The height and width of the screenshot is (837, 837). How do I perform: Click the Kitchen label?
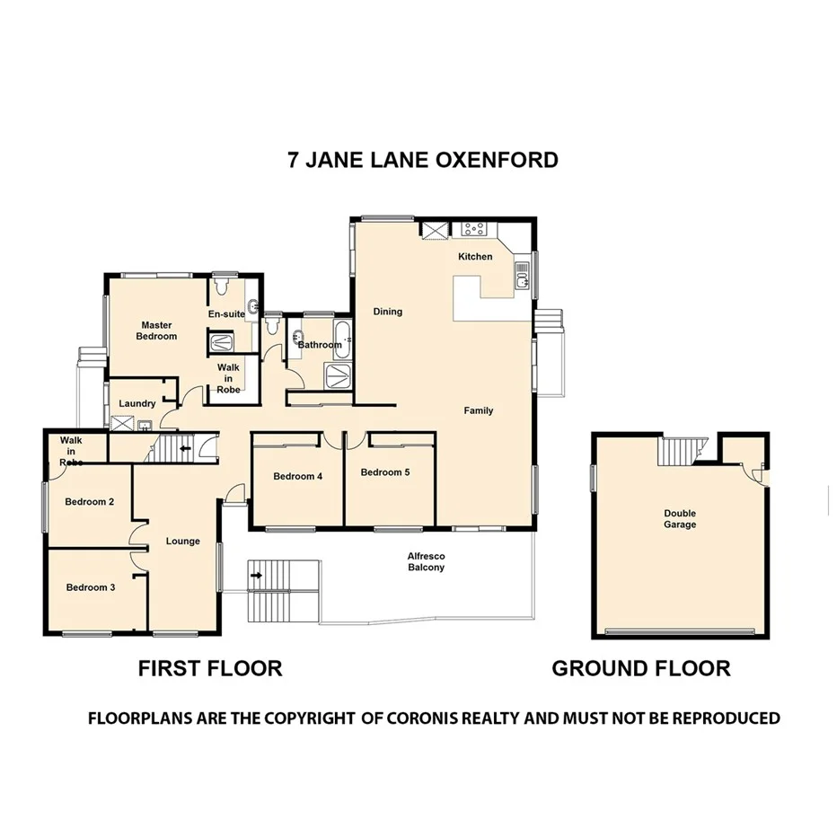475,257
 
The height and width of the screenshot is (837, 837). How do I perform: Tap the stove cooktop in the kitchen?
474,230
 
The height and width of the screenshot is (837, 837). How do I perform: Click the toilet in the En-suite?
223,286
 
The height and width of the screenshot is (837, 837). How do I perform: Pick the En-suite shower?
220,342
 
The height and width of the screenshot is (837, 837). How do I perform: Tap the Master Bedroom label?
156,330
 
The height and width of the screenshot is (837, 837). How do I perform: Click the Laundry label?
137,403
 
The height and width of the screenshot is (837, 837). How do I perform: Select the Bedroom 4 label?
297,476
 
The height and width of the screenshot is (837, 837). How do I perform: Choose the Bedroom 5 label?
385,471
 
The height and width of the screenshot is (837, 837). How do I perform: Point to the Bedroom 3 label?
90,587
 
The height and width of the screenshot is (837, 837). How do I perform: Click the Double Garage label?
680,519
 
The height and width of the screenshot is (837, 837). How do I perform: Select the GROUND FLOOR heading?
640,668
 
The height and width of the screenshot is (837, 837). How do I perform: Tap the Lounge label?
183,542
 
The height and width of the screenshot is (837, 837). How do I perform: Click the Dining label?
388,312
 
